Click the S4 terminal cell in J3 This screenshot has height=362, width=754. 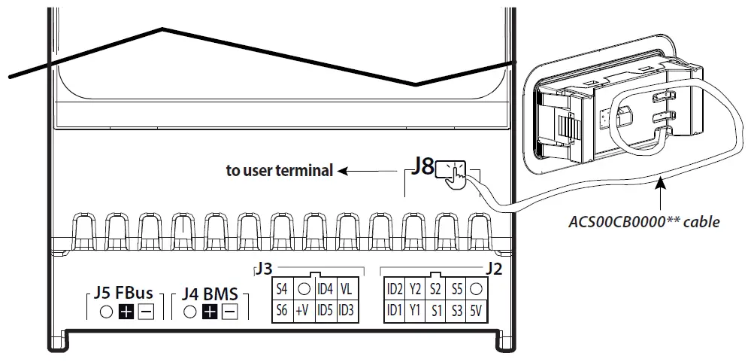click(282, 289)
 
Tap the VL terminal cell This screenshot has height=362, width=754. click(347, 289)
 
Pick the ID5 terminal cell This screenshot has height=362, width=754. click(326, 310)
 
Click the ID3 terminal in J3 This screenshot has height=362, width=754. click(347, 310)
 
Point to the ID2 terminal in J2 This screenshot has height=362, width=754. click(394, 289)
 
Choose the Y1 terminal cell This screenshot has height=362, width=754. click(415, 310)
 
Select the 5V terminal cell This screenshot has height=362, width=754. click(477, 310)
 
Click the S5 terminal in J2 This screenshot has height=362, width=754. click(456, 289)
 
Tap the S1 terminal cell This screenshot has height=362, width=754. click(435, 310)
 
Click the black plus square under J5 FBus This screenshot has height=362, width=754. click(126, 312)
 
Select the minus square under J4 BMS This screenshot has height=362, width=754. click(230, 312)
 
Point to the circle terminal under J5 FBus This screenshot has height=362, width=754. click(107, 312)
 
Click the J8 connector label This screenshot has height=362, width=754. click(422, 167)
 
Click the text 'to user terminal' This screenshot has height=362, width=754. click(279, 171)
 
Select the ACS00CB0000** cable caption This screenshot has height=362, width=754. click(644, 222)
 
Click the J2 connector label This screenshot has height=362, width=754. click(493, 269)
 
